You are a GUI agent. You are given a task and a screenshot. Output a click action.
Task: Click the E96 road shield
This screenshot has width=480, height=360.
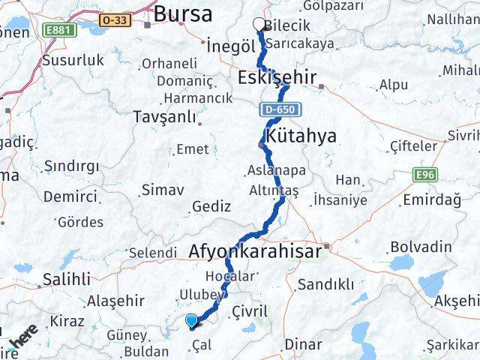[424, 175]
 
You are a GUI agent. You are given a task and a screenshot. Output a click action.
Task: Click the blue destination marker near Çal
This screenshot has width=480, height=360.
[193, 322]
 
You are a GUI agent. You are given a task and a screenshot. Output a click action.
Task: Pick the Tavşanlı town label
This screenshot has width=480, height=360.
[163, 117]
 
